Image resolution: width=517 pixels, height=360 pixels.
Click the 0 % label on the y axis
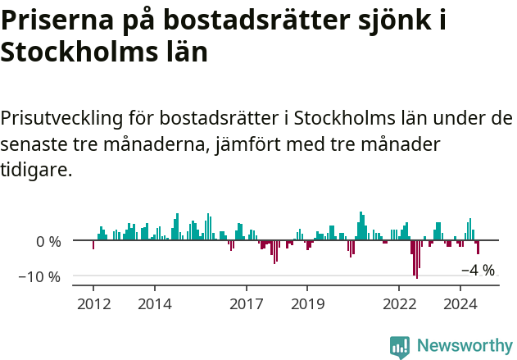pyautogui.click(x=48, y=242)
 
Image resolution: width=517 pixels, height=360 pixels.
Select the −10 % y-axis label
pyautogui.click(x=39, y=276)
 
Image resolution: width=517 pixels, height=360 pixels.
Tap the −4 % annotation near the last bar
pyautogui.click(x=478, y=270)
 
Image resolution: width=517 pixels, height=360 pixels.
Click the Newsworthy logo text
pyautogui.click(x=465, y=346)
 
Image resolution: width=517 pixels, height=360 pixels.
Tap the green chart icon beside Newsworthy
pyautogui.click(x=400, y=347)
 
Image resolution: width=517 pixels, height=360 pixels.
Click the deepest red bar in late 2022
pyautogui.click(x=416, y=260)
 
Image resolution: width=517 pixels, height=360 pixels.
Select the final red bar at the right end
pyautogui.click(x=478, y=248)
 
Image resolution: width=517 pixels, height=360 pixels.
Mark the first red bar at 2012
pyautogui.click(x=93, y=244)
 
